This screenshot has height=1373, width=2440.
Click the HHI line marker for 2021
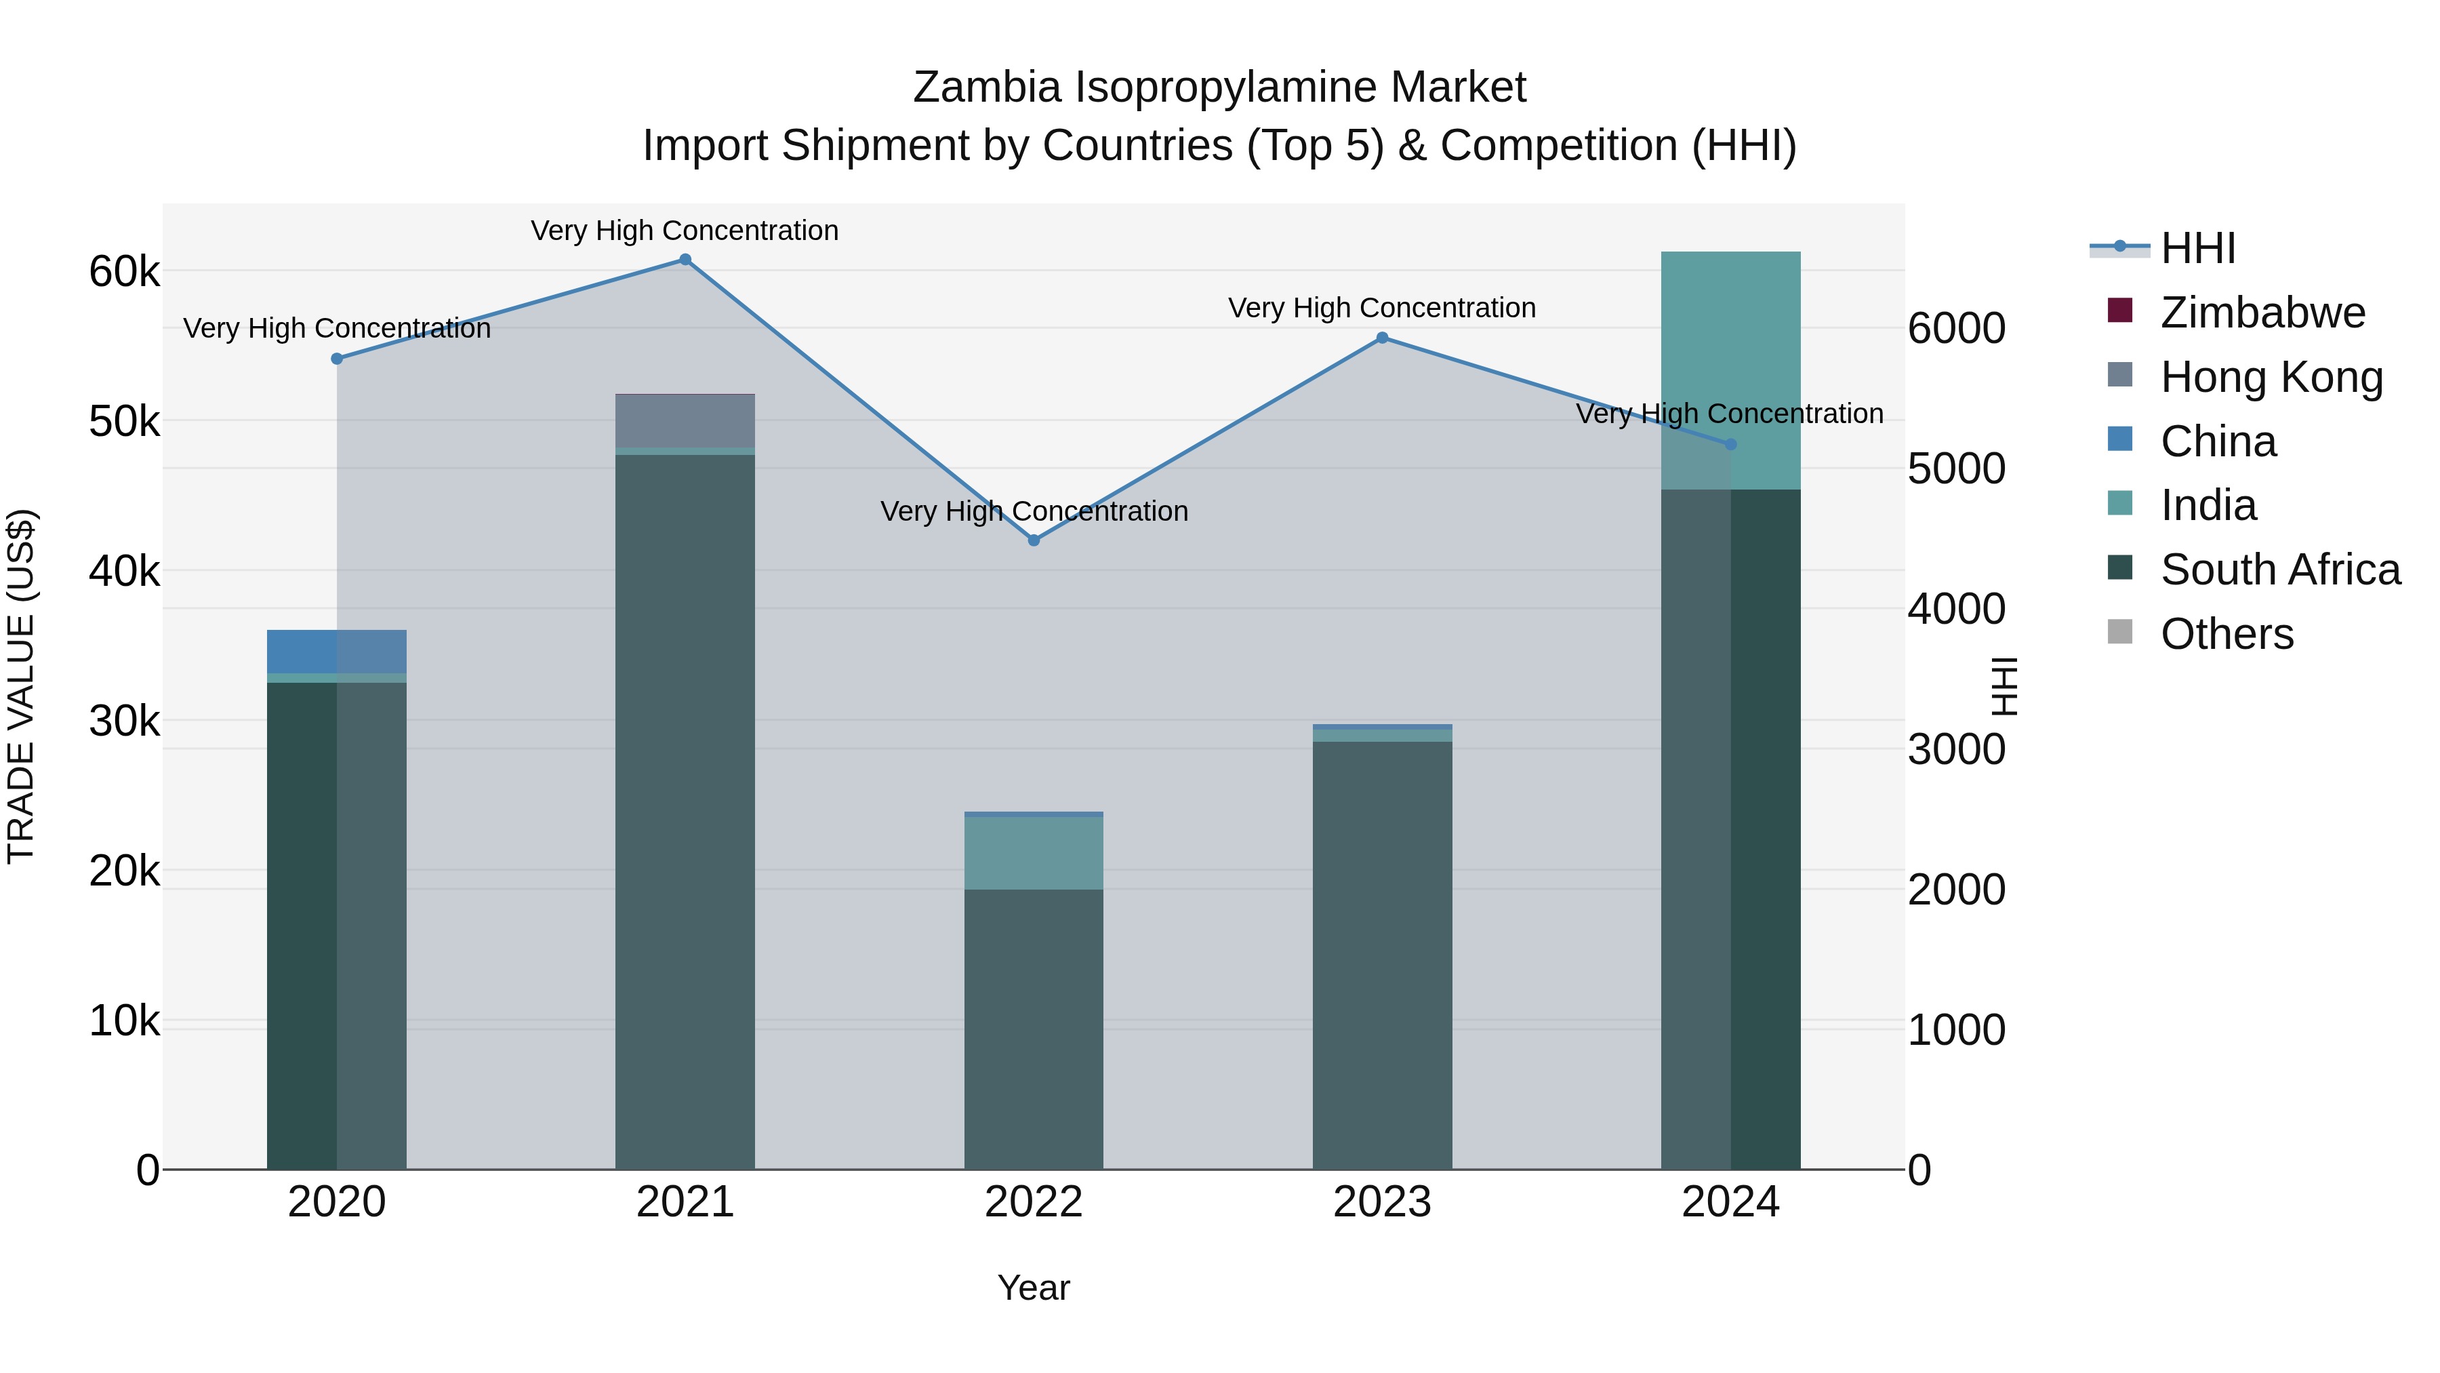[x=685, y=260]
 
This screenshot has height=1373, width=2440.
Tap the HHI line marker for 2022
[x=1034, y=540]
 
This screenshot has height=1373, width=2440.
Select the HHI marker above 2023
[x=1382, y=338]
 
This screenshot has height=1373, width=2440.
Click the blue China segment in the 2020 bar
[x=336, y=651]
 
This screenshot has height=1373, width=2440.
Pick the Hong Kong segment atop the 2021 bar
[x=685, y=420]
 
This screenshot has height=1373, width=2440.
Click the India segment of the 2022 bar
[x=1034, y=853]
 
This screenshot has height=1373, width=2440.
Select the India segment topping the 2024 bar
[x=1730, y=370]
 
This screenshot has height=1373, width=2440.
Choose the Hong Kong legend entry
[x=2271, y=377]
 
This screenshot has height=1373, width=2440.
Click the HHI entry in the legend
[x=2197, y=248]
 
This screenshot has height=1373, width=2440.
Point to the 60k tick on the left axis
[x=124, y=272]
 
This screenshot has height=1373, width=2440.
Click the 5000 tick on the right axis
[x=1956, y=469]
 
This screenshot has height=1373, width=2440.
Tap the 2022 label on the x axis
[x=1034, y=1202]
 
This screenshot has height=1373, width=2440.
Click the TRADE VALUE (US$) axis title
[x=21, y=686]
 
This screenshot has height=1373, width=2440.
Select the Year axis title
[x=1034, y=1288]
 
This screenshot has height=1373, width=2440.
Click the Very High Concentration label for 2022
[x=1034, y=512]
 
